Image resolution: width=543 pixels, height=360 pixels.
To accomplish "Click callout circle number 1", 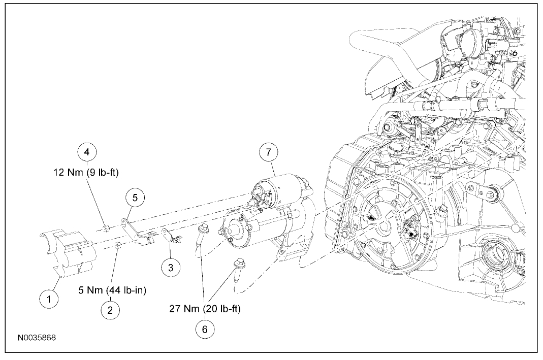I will tap(49, 299).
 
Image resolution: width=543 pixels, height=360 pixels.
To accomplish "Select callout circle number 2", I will tap(110, 309).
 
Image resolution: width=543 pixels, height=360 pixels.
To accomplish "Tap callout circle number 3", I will tap(171, 267).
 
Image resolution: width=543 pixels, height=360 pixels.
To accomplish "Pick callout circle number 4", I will tap(86, 151).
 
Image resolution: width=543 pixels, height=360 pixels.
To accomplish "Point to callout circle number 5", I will tap(135, 198).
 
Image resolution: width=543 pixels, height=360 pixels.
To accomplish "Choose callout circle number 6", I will tap(205, 329).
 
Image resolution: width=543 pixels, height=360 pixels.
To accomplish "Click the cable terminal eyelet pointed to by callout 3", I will tap(167, 235).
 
